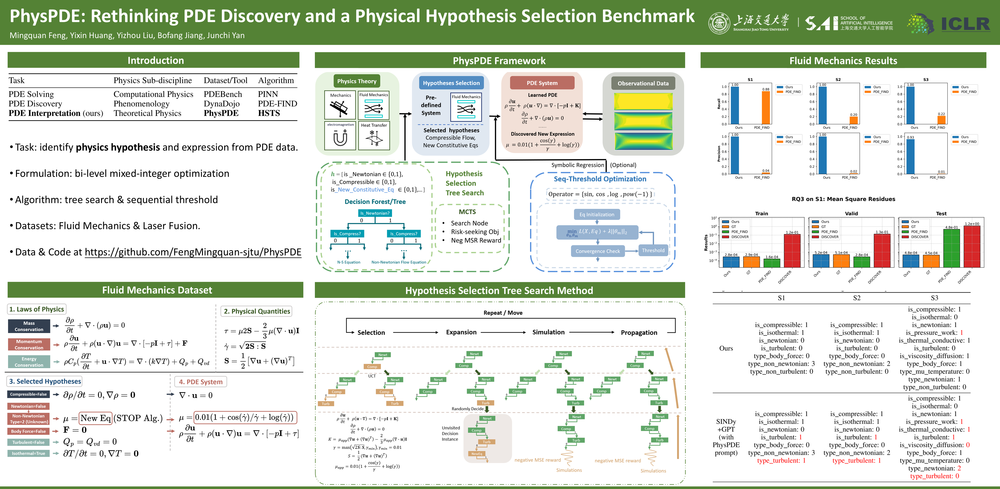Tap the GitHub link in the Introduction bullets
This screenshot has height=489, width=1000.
tap(193, 252)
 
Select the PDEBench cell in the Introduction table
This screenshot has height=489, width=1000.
tap(222, 94)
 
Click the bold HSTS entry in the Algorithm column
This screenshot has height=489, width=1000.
tap(269, 113)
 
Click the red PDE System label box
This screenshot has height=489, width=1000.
tap(542, 83)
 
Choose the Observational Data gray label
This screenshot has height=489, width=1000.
tap(643, 83)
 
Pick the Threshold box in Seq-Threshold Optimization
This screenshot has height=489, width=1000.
tap(653, 251)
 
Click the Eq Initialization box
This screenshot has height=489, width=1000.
tap(597, 214)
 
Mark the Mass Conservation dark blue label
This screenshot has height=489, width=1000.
tap(29, 326)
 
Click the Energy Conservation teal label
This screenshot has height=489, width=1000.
tap(29, 362)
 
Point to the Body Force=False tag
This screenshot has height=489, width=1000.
tap(28, 431)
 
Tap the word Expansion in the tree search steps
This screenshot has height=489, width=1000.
tap(461, 332)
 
